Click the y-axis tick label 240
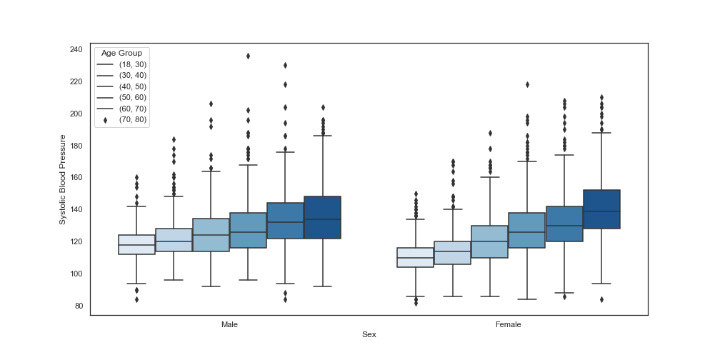[76, 49]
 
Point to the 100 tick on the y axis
[76, 274]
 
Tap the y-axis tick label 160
[76, 178]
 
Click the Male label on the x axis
[229, 324]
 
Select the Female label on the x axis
[509, 324]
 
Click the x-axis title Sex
[369, 335]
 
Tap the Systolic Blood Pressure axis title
[63, 179]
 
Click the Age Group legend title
[121, 54]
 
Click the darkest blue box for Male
[322, 217]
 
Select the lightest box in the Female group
[416, 257]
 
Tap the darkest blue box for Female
[601, 209]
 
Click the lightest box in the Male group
[137, 244]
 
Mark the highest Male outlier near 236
[248, 56]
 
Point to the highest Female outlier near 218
[527, 84]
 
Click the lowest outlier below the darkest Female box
[601, 300]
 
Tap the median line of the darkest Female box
[601, 211]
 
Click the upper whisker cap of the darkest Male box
[322, 136]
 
